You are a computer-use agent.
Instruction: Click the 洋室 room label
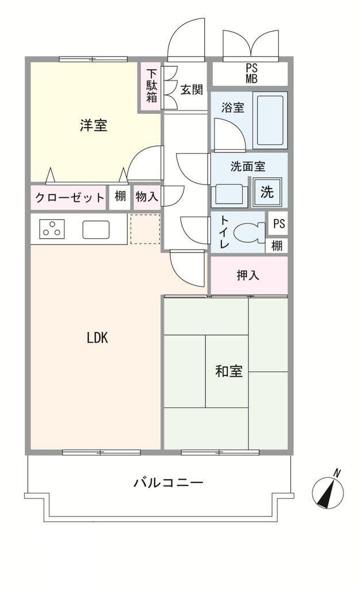point(94,125)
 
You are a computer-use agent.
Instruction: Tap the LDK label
point(98,338)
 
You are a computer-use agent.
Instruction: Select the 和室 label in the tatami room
point(229,371)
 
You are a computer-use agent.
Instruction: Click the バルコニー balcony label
point(168,482)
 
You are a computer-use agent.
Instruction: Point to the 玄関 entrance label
point(192,89)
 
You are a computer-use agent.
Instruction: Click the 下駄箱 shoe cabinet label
point(152,86)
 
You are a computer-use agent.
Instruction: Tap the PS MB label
point(252,74)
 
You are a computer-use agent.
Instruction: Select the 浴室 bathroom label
point(233,108)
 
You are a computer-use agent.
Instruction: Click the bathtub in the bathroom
point(270,120)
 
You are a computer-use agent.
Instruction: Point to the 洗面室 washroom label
point(248,166)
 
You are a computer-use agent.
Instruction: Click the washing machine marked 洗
point(267,192)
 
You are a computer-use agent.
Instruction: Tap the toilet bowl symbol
point(249,232)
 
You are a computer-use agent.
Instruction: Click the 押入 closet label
point(248,276)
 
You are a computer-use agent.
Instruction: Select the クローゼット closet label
point(70,197)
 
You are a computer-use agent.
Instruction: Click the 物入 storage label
point(147,196)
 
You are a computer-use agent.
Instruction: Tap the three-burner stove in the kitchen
point(52,229)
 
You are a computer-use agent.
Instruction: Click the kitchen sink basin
point(96,230)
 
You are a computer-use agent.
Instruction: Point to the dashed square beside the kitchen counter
point(145,229)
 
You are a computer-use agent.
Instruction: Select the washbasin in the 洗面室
point(229,195)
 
